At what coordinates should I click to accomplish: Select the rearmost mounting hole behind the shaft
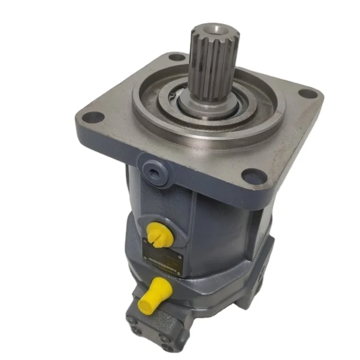click(177, 58)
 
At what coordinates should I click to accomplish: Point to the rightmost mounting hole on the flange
click(308, 94)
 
